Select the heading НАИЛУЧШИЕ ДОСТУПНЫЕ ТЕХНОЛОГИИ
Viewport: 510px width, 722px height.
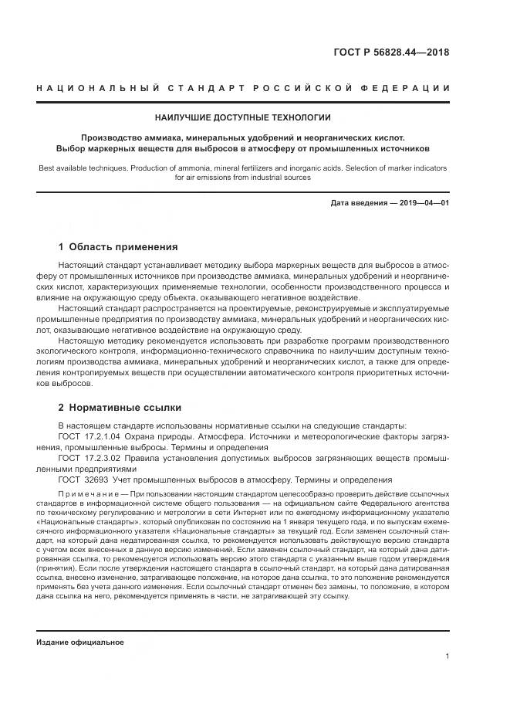[x=255, y=118]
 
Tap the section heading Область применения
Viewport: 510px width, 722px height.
[x=123, y=247]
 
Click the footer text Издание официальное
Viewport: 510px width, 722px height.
[x=80, y=620]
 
